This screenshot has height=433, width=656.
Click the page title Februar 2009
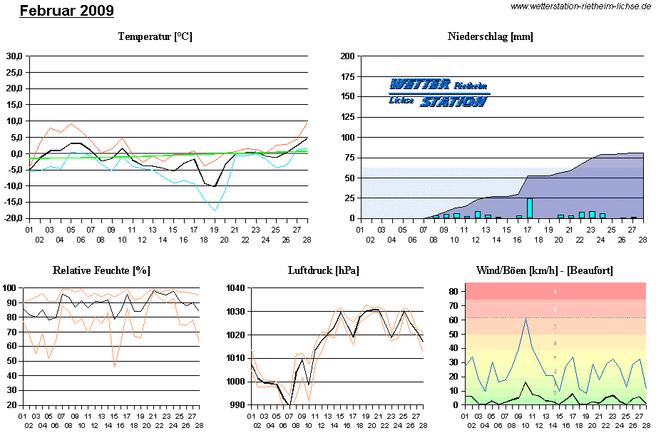[x=66, y=11]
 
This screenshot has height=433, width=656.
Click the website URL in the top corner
[x=582, y=6]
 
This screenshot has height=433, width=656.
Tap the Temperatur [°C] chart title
[x=155, y=36]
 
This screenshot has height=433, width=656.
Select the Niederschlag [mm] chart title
[x=491, y=36]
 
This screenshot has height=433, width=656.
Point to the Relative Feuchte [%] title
[x=101, y=270]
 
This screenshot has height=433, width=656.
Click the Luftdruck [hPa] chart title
[x=323, y=270]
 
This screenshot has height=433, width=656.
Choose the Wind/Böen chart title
[x=544, y=270]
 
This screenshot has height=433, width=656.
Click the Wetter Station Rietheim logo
[x=439, y=93]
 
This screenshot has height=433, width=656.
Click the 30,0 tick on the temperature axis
[x=14, y=56]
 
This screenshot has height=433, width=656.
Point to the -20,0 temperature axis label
[x=13, y=218]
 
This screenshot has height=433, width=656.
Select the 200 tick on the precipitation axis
[x=348, y=56]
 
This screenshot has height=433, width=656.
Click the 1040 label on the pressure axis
[x=235, y=288]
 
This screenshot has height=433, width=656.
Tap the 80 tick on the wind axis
[x=452, y=292]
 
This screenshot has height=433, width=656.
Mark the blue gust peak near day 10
[x=526, y=319]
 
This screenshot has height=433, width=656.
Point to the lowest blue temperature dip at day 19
[x=214, y=210]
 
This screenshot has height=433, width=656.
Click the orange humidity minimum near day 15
[x=115, y=367]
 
